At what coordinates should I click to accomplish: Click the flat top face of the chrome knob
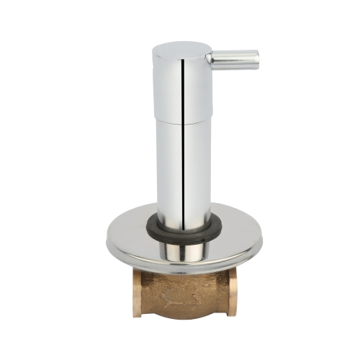(x=180, y=47)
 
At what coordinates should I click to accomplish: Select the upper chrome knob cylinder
(x=173, y=83)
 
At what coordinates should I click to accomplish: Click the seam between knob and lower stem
(x=181, y=121)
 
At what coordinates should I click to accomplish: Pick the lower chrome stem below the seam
(x=173, y=166)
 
